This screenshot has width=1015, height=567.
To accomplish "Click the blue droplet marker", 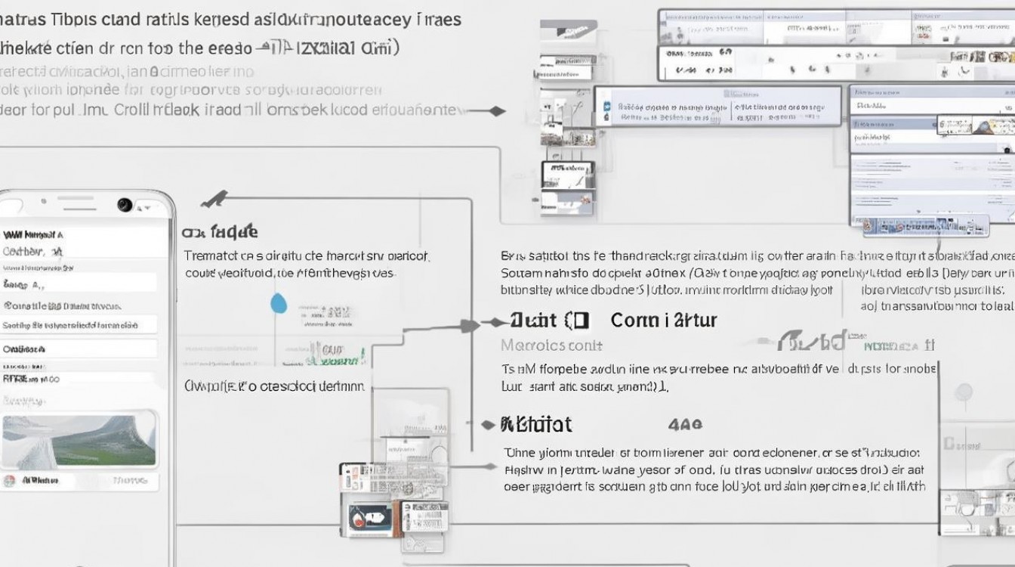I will pos(279,303).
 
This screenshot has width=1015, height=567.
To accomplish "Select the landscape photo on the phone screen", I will pos(79,441).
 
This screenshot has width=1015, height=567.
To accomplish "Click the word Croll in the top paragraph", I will pos(132,110).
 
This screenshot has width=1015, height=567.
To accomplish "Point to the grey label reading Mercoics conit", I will pos(551,345).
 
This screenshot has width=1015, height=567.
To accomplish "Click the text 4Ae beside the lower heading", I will pos(685,425).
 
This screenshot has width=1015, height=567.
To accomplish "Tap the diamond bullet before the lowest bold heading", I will pos(487,425).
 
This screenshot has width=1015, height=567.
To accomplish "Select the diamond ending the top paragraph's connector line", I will pos(496,111).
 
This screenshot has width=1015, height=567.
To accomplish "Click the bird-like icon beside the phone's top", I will pos(214,200).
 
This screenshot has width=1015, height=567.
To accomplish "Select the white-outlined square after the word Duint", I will pos(578,321).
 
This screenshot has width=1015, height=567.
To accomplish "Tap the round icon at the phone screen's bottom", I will pos(10,481).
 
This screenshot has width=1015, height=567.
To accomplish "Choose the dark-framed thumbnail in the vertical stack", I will pos(567,175).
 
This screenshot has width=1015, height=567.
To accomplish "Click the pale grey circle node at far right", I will pos(964,392).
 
